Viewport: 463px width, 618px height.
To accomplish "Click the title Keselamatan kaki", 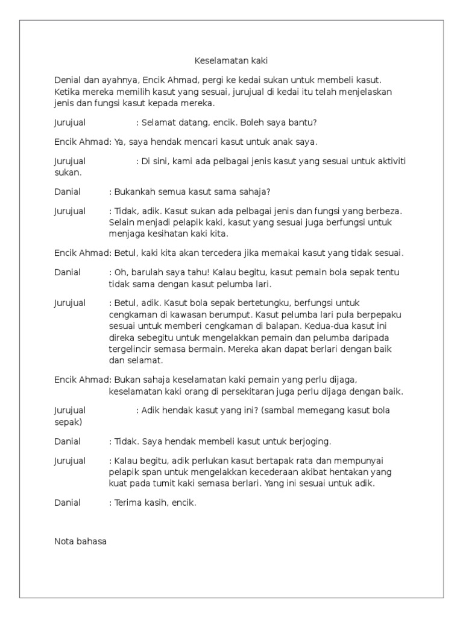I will [231, 61].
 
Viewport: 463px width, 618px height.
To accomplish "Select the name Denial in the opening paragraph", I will [68, 80].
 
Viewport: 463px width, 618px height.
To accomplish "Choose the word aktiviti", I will [387, 161].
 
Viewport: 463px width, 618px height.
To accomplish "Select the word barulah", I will [145, 272].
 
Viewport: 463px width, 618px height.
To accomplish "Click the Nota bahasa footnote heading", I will [80, 541].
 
